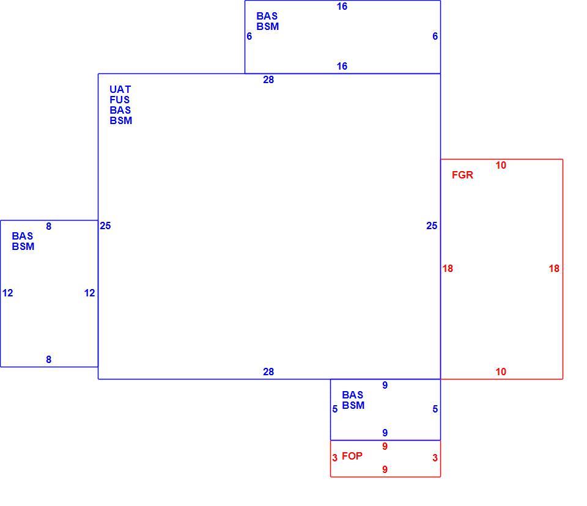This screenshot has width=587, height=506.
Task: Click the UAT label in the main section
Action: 120,89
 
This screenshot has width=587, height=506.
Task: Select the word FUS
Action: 120,100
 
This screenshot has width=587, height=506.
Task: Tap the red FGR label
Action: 462,175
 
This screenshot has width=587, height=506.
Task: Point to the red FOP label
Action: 352,456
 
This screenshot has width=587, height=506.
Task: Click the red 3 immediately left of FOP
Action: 334,458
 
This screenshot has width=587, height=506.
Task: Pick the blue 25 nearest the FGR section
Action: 432,226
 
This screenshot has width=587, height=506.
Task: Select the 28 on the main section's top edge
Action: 268,79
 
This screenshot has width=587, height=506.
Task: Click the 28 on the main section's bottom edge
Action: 268,372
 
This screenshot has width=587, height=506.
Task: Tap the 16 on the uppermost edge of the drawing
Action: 342,6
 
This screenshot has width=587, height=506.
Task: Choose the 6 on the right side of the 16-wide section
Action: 435,36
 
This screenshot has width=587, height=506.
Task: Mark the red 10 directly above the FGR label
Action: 501,165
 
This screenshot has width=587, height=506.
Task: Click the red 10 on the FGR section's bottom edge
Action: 501,372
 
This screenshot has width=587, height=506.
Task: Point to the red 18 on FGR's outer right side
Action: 554,268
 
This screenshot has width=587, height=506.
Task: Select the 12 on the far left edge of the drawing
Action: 7,293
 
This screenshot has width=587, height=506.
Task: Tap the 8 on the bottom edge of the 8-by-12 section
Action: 49,360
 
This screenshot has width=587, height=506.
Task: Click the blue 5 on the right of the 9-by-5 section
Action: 435,409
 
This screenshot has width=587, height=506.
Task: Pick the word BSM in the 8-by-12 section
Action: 23,247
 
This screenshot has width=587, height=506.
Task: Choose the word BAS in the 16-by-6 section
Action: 267,16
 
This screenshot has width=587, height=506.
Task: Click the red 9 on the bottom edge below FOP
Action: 385,470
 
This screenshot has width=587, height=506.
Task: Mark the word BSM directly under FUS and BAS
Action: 120,121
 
